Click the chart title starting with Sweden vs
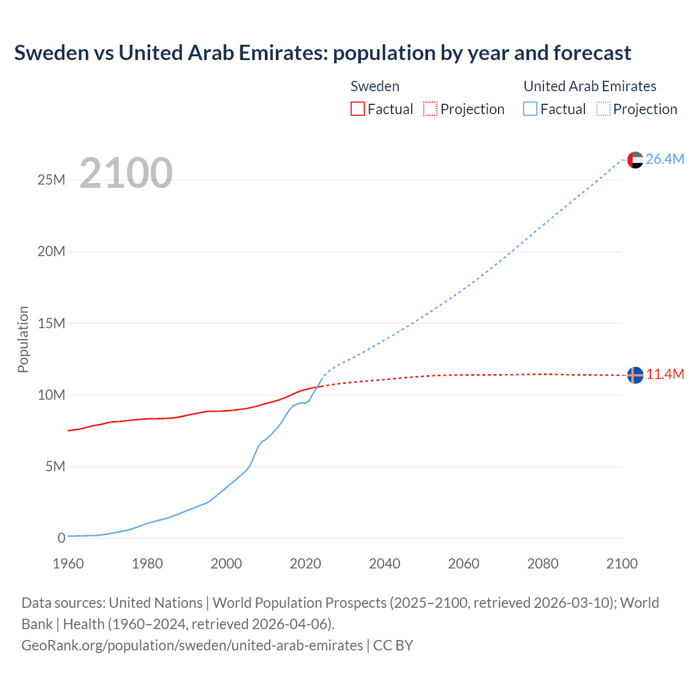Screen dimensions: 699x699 coord(322,53)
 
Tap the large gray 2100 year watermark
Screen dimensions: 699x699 coord(126,173)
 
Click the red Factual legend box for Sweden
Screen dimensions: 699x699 coord(358,109)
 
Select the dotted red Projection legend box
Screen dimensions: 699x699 coord(430,109)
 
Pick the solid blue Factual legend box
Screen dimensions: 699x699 coord(530,109)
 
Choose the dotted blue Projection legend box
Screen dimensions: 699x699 coord(603,109)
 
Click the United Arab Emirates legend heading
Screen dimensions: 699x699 coord(590,86)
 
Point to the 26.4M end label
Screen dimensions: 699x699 coord(665,159)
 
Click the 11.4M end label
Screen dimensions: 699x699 coord(665,375)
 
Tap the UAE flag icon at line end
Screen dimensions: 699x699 coord(635,160)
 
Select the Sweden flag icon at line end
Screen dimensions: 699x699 coord(635,375)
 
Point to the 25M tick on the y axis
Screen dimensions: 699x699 coord(51,180)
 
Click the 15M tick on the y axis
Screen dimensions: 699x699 coord(51,323)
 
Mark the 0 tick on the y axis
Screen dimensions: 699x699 coord(61,538)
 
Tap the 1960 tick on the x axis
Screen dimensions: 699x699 coord(68,564)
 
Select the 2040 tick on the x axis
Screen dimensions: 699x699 coord(384,564)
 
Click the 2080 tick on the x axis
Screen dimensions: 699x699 coord(543,564)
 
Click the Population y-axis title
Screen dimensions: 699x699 coord(23,339)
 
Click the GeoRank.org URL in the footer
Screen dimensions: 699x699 coord(192,645)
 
